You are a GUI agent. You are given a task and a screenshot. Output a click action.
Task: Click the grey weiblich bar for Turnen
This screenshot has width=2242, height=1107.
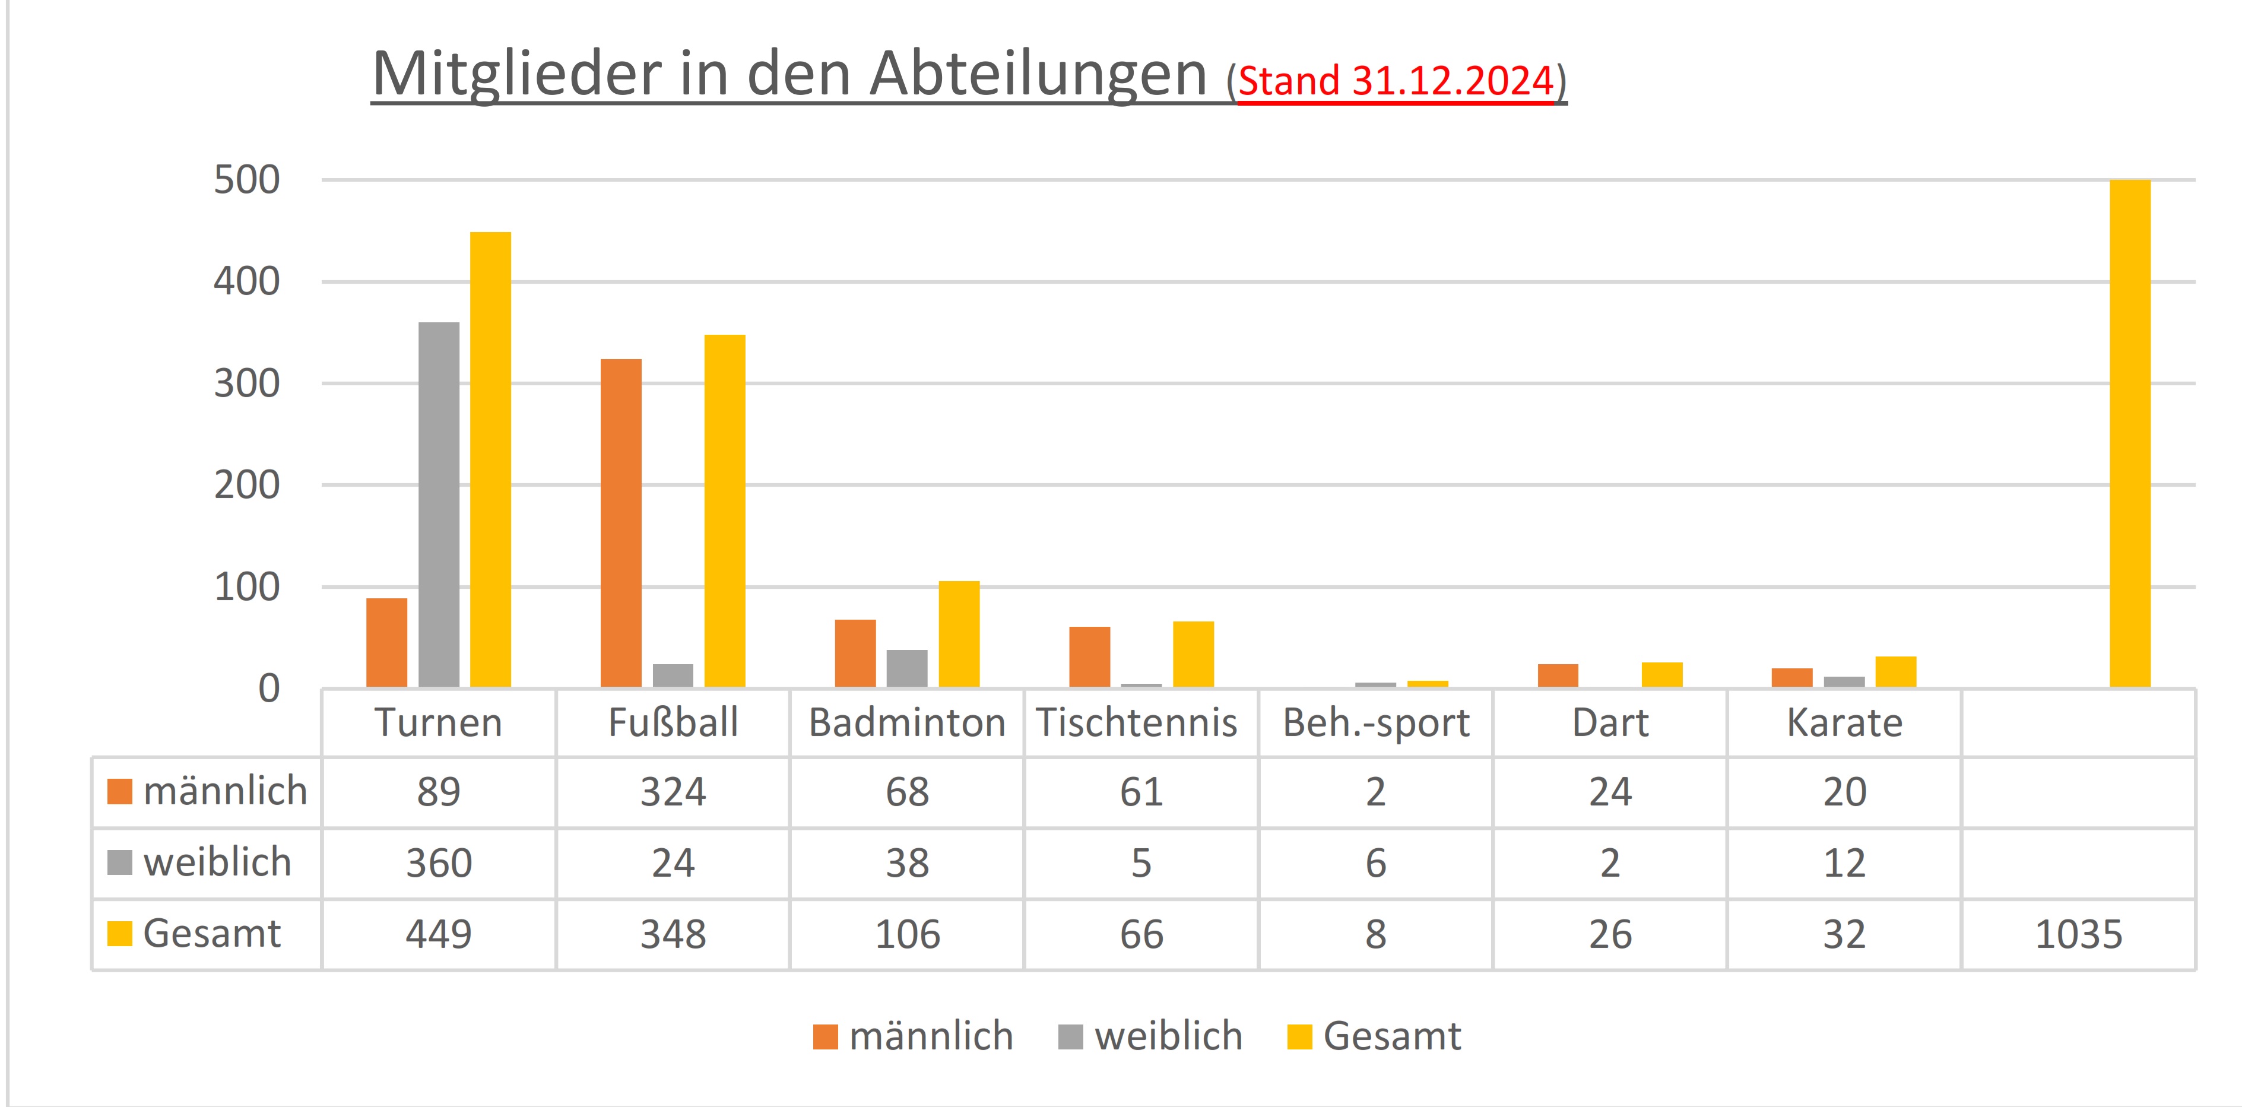point(439,505)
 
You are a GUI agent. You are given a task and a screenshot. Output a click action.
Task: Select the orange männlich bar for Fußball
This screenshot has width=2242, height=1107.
point(620,523)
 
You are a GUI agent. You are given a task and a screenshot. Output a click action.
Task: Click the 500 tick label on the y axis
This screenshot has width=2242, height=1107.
point(247,180)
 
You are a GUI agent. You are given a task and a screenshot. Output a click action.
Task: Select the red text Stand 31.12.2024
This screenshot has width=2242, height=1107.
point(1395,81)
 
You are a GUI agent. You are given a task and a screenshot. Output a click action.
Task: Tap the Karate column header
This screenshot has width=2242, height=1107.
point(1844,723)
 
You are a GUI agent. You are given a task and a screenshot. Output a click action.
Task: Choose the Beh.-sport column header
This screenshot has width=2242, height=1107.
point(1375,723)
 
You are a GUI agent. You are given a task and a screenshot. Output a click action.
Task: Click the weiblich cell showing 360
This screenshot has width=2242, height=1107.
point(439,863)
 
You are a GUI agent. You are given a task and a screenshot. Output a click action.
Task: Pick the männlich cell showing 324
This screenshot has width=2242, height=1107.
point(673,792)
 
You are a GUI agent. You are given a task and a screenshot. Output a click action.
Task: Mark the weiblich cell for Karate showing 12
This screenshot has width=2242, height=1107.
point(1844,863)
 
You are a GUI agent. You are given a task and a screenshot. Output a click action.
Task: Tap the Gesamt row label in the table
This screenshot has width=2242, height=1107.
point(211,934)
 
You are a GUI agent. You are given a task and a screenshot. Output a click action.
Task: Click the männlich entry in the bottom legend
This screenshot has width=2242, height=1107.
point(914,1036)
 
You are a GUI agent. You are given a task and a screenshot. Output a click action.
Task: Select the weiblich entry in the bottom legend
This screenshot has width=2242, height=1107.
point(1150,1036)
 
